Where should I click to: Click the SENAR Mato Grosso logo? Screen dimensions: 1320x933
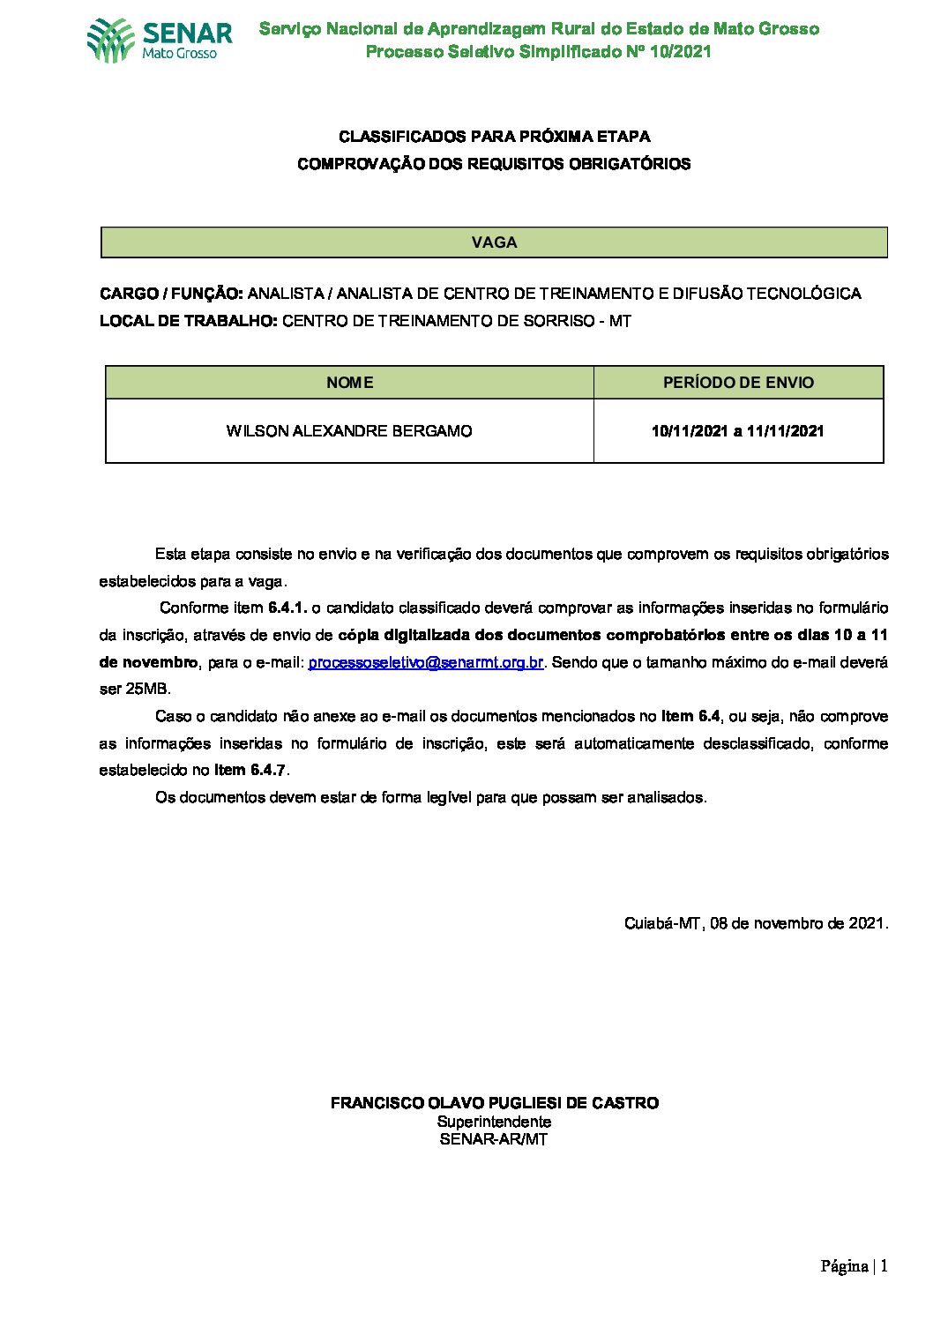coord(160,41)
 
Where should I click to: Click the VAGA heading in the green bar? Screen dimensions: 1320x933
coord(494,242)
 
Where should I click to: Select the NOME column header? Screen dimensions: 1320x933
coord(349,383)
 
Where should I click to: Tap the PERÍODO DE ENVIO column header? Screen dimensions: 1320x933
coord(738,383)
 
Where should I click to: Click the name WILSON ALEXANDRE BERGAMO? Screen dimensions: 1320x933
coord(349,431)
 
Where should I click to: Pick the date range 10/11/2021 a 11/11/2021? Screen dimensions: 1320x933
coord(738,431)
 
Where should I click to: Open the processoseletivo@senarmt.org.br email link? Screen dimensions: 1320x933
coord(425,662)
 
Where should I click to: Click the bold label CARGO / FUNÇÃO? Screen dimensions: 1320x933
coord(171,294)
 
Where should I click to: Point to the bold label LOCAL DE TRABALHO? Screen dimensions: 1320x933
coord(189,321)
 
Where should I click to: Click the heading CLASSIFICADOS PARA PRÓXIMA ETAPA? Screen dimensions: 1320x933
coord(495,137)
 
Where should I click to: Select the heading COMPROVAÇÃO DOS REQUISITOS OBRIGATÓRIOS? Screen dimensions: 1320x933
coord(494,164)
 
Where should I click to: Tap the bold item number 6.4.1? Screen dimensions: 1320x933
coord(287,608)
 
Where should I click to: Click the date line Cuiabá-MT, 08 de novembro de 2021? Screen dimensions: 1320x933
coord(756,923)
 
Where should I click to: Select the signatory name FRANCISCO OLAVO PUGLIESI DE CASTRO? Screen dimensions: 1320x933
coord(495,1103)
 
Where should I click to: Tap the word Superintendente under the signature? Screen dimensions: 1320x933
coord(495,1122)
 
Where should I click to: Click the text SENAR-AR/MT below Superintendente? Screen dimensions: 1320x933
coord(494,1139)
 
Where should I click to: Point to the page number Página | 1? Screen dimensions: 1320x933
coord(854,1267)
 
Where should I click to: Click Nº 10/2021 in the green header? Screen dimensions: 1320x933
coord(668,51)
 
